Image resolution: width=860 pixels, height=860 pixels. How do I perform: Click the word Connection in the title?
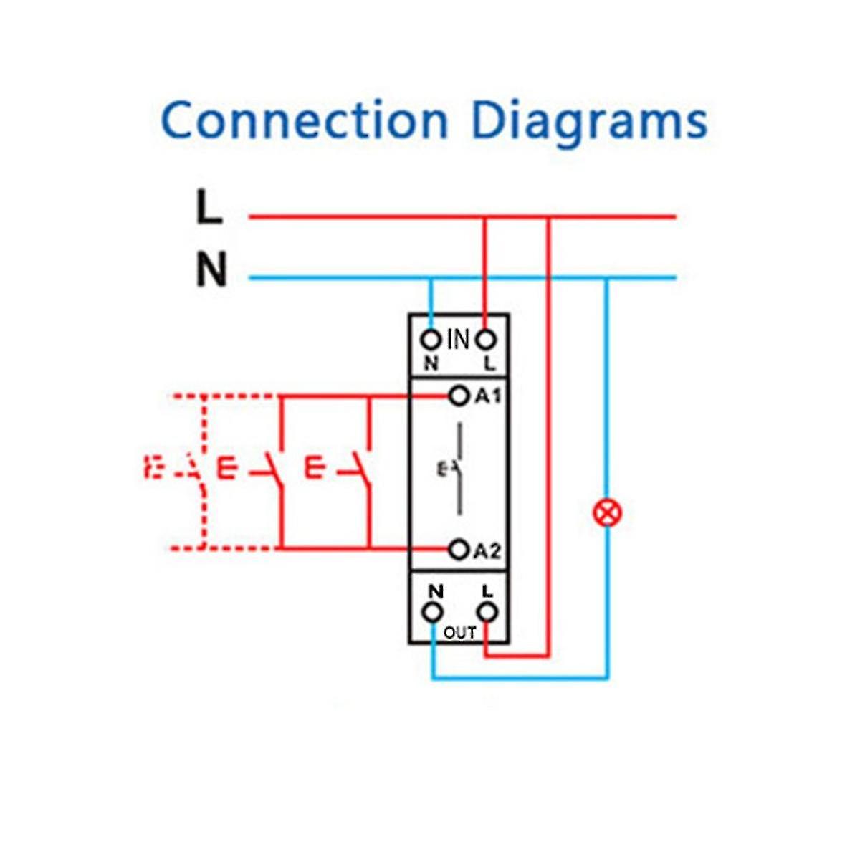tap(305, 120)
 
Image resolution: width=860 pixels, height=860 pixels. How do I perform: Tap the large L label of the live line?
tap(209, 208)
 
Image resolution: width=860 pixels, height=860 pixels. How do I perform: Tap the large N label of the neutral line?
tap(211, 270)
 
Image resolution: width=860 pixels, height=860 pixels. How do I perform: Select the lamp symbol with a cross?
tap(608, 513)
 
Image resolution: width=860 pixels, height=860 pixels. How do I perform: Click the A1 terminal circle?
tap(458, 396)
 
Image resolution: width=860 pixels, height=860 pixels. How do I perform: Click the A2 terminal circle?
tap(458, 550)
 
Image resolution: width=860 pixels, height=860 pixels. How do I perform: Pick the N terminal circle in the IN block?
tap(431, 339)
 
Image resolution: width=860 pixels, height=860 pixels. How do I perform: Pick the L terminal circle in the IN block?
tap(487, 339)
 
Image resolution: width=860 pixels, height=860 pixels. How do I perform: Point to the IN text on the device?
tap(459, 339)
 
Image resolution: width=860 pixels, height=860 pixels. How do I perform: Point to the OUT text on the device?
tap(459, 633)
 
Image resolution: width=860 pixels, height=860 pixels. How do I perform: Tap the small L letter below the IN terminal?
tap(489, 363)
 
